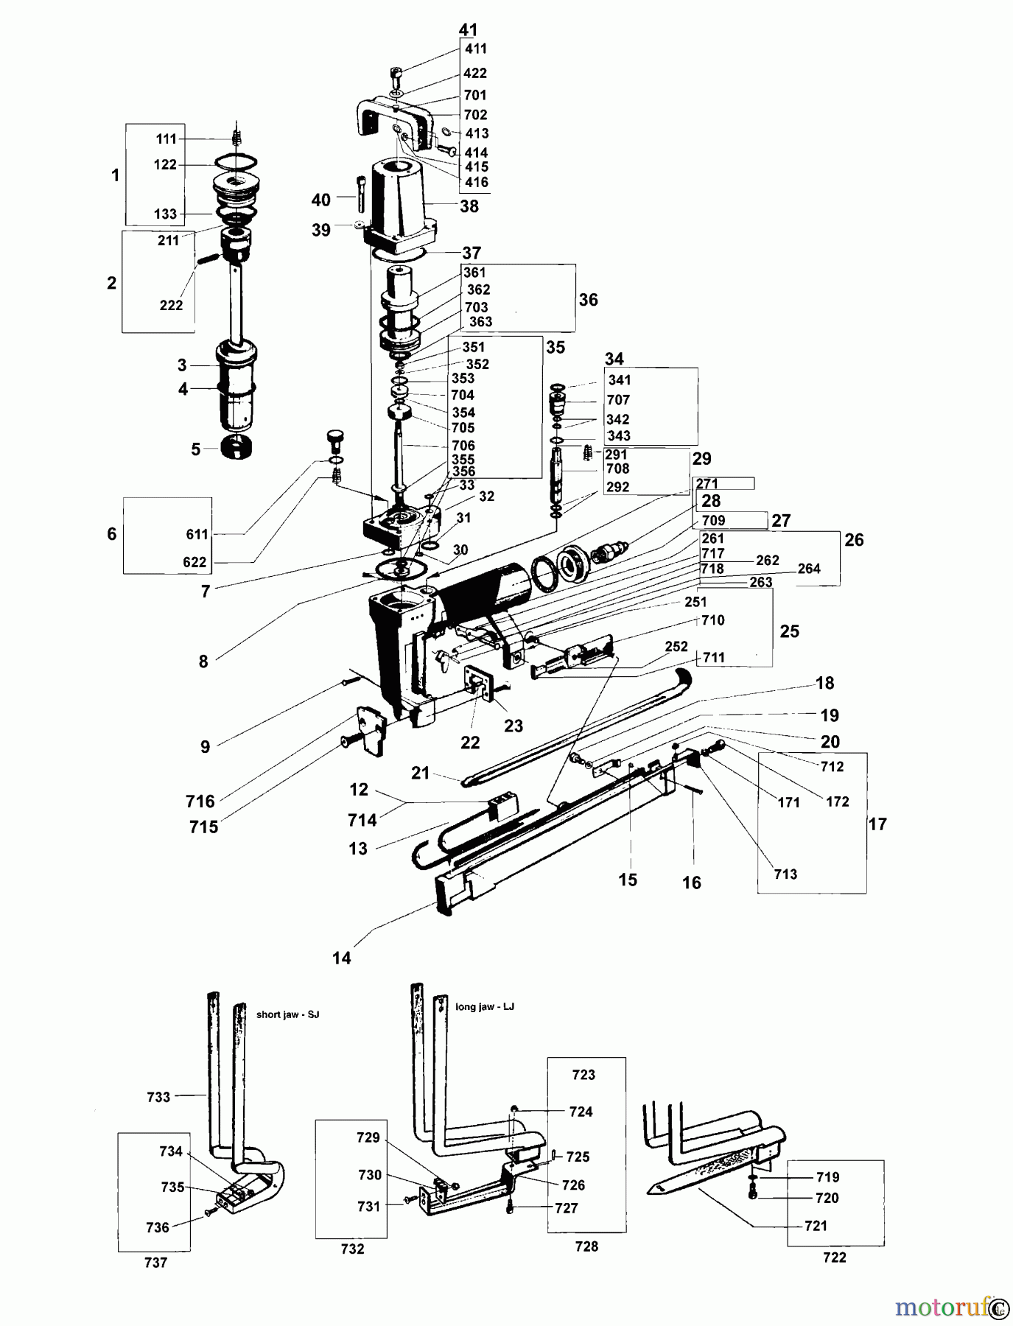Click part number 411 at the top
click(476, 49)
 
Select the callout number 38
click(469, 206)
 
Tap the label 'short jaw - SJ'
click(288, 1014)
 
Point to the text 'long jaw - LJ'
click(485, 1006)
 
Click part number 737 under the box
click(156, 1263)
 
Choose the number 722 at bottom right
click(835, 1257)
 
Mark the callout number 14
click(342, 958)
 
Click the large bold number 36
click(588, 300)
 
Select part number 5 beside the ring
click(195, 449)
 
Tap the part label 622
click(194, 562)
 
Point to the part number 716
click(200, 801)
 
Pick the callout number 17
click(877, 824)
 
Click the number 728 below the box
click(586, 1246)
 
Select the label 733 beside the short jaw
click(158, 1097)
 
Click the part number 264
click(809, 568)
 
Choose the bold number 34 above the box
click(614, 359)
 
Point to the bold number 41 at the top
click(468, 29)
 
